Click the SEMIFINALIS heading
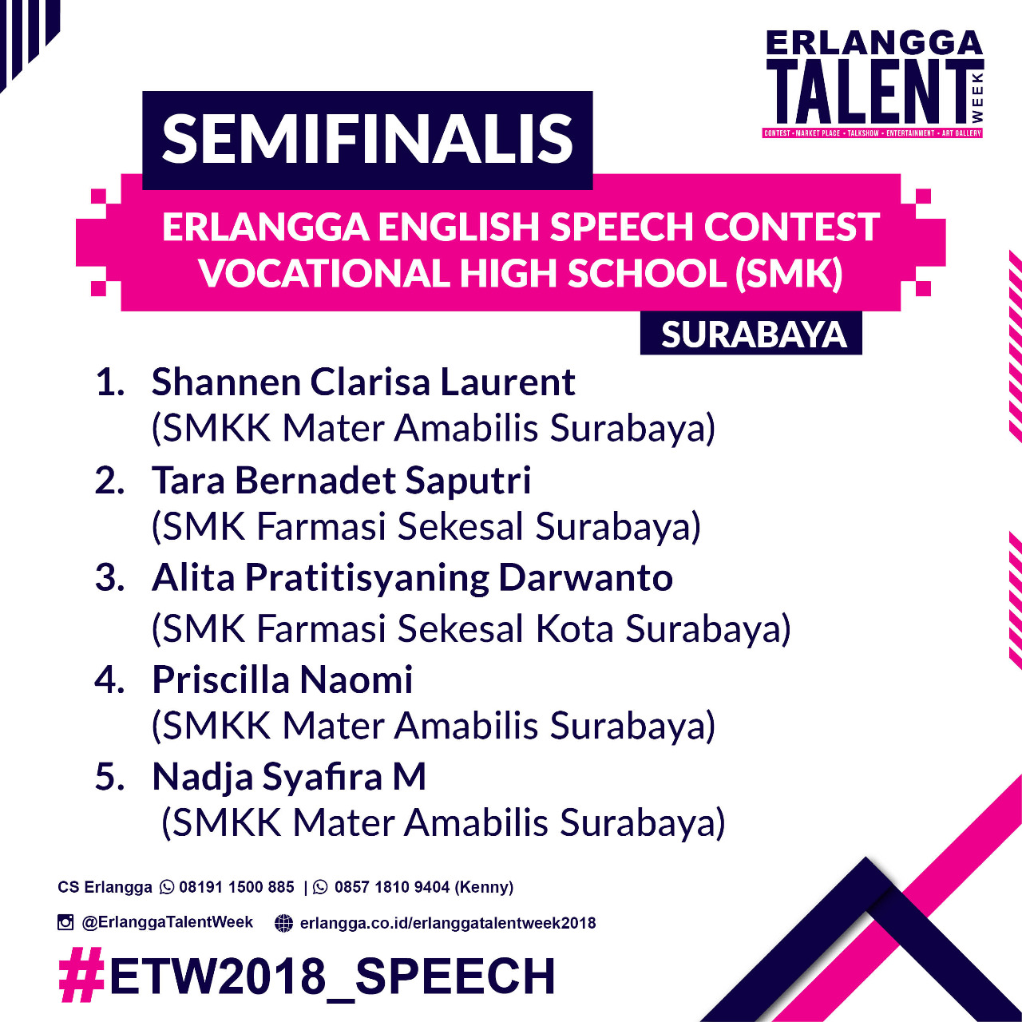(367, 140)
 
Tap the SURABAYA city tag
(753, 335)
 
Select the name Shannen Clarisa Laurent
(363, 382)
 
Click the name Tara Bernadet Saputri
(341, 481)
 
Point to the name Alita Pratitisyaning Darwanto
(412, 578)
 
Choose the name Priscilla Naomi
(282, 679)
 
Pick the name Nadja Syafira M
(289, 778)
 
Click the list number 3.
(109, 578)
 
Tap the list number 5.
(109, 778)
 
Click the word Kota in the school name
(574, 629)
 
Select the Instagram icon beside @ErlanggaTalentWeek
(65, 922)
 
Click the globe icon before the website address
(283, 923)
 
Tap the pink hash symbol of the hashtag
(81, 975)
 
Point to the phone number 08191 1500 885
(236, 887)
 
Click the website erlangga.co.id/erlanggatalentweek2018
(448, 923)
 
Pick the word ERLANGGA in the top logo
(874, 43)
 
